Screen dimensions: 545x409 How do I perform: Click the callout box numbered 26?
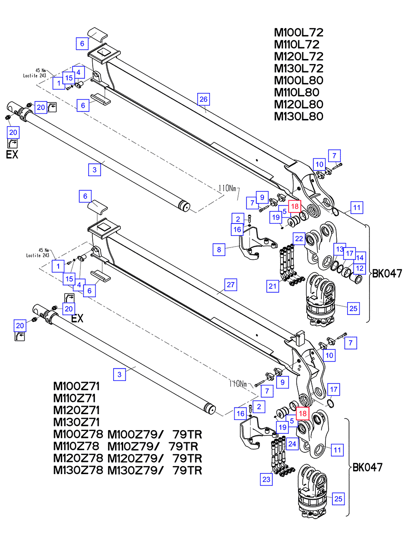203,99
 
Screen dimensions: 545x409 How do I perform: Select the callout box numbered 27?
230,285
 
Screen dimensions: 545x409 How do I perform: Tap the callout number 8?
219,249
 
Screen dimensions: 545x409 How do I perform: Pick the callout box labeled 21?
273,286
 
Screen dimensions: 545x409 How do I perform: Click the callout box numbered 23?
266,478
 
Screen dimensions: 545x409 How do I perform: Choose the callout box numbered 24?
292,444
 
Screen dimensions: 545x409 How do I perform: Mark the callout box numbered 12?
359,268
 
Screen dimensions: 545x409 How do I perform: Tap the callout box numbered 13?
339,249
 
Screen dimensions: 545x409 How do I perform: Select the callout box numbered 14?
360,257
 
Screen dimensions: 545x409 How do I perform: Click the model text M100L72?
298,33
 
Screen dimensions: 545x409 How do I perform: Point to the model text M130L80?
298,116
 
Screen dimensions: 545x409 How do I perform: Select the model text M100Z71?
76,387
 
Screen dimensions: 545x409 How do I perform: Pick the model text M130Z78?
78,470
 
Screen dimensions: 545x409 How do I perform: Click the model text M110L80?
296,93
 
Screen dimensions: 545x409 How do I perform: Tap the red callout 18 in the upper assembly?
294,206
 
